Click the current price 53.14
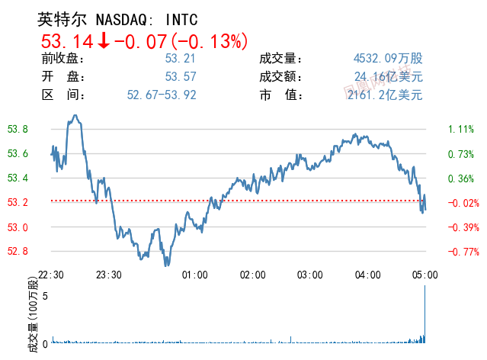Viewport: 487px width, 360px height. pyautogui.click(x=66, y=40)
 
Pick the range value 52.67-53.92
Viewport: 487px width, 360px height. pyautogui.click(x=162, y=95)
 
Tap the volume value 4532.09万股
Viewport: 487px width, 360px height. pyautogui.click(x=388, y=59)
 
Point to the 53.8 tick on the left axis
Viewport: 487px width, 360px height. pyautogui.click(x=18, y=130)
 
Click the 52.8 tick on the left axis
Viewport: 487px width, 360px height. pyautogui.click(x=18, y=252)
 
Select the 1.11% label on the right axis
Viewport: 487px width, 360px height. pyautogui.click(x=461, y=130)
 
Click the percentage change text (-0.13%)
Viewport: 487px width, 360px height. pyautogui.click(x=210, y=40)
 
